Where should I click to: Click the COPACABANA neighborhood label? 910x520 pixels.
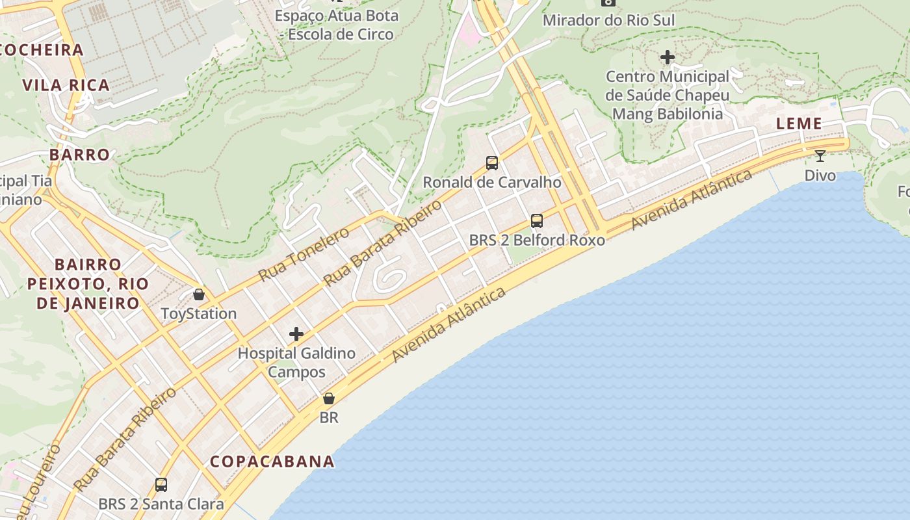pos(272,461)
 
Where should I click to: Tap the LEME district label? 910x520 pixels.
pos(799,123)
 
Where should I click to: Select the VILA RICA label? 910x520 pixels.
pos(66,85)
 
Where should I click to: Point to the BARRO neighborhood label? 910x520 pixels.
pos(79,155)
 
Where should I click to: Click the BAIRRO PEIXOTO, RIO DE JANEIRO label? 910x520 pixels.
pos(88,283)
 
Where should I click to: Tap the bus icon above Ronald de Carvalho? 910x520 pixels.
pos(492,162)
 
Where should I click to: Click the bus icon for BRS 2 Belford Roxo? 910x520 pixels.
pos(537,221)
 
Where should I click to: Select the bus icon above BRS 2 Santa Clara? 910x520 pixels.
pos(161,484)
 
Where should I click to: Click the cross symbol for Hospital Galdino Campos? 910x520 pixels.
pos(296,334)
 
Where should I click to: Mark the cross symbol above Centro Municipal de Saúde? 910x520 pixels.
pos(668,57)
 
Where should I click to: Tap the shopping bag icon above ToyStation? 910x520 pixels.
pos(199,294)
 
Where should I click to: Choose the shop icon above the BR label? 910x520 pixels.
pos(329,398)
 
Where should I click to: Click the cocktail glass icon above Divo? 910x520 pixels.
pos(820,156)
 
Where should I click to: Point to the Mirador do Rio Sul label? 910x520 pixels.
pos(608,20)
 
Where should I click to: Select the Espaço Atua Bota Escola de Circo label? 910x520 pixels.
pos(337,25)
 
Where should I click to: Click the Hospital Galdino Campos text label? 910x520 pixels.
pos(296,363)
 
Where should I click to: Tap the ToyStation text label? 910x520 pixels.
pos(199,314)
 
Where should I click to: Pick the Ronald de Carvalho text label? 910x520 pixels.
pos(492,182)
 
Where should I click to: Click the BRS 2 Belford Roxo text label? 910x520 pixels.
pos(537,240)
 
